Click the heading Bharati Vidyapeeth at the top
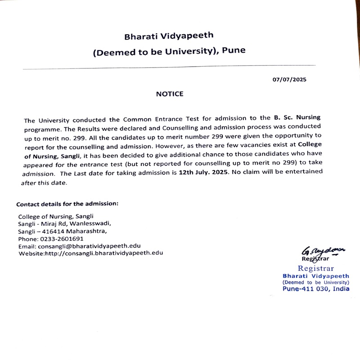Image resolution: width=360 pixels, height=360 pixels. (x=169, y=35)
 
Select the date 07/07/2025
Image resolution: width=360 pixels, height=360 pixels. (x=289, y=80)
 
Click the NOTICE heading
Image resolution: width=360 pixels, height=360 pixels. (x=170, y=94)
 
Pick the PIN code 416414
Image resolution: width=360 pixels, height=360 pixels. (x=55, y=231)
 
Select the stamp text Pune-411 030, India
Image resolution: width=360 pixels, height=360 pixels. (x=316, y=289)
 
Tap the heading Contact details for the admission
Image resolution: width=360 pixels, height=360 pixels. (x=67, y=203)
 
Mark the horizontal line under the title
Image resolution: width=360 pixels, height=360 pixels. (x=169, y=67)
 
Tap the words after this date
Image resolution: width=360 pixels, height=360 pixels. (x=44, y=183)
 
